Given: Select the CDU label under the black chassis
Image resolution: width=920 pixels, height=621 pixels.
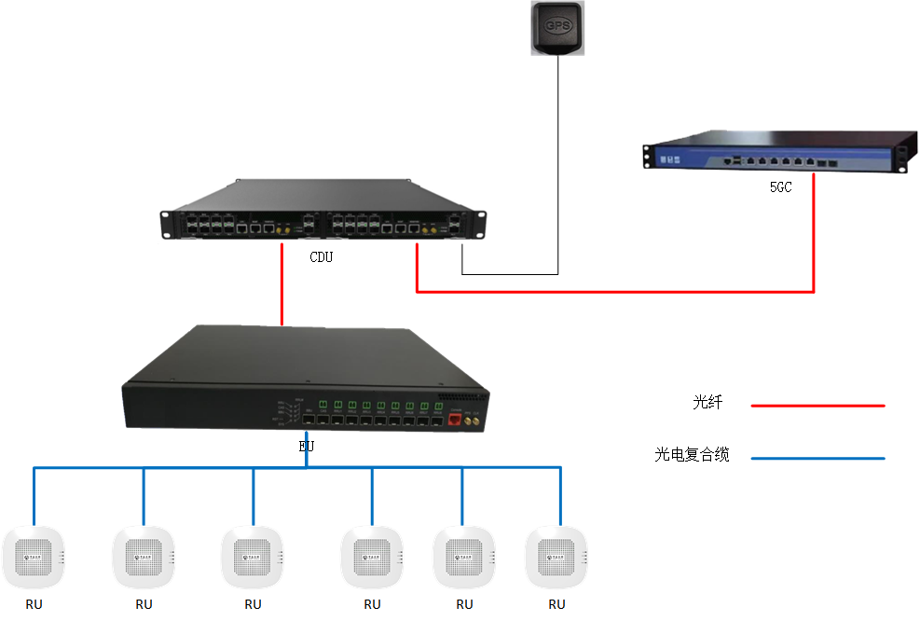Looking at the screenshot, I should coord(321,257).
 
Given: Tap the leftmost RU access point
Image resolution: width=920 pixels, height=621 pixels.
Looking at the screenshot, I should coord(34,559).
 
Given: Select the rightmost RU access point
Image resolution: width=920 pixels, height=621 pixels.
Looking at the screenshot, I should coord(556,559).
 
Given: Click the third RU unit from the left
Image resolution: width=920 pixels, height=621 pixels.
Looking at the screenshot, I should coord(253,559).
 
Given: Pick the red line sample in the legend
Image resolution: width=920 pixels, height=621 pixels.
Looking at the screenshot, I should coord(817,406).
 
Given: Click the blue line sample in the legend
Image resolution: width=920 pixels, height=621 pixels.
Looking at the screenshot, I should coord(817,458).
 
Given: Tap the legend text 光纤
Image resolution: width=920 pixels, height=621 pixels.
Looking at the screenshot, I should coord(707,403).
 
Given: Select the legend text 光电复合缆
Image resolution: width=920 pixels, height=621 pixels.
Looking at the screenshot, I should coord(692,455).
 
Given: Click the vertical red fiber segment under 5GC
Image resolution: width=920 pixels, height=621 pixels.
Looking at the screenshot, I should coord(814,233).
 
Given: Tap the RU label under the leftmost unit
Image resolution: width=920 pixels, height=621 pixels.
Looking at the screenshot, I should coord(34,604).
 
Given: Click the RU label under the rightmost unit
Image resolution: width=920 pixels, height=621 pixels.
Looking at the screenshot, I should coord(556,604).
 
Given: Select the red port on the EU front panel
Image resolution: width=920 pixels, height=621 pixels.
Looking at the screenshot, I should coord(456,419).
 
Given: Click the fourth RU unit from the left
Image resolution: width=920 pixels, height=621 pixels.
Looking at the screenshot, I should coord(372,559).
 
